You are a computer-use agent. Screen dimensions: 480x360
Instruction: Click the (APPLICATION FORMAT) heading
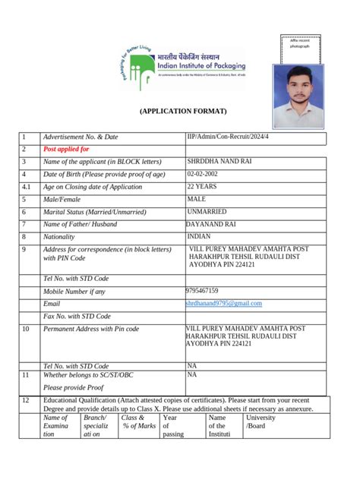pyautogui.click(x=182, y=112)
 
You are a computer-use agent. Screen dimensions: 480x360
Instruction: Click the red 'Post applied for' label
pyautogui.click(x=66, y=150)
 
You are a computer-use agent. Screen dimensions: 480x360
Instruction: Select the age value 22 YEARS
pyautogui.click(x=202, y=186)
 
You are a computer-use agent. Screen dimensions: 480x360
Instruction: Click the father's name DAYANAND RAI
pyautogui.click(x=215, y=224)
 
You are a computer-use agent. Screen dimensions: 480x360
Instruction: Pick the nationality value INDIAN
pyautogui.click(x=199, y=236)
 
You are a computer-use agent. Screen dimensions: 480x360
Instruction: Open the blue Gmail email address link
pyautogui.click(x=223, y=303)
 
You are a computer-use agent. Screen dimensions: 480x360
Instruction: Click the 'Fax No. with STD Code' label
pyautogui.click(x=77, y=316)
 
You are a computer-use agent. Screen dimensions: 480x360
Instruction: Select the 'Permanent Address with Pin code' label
pyautogui.click(x=91, y=329)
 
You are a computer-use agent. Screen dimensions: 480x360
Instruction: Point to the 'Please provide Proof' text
pyautogui.click(x=73, y=387)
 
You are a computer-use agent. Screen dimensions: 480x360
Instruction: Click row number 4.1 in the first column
pyautogui.click(x=26, y=187)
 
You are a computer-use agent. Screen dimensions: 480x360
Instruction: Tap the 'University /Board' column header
pyautogui.click(x=261, y=422)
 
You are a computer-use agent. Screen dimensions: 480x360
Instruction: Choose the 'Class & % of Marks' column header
pyautogui.click(x=138, y=422)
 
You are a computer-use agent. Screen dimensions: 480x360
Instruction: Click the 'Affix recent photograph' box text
pyautogui.click(x=300, y=43)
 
